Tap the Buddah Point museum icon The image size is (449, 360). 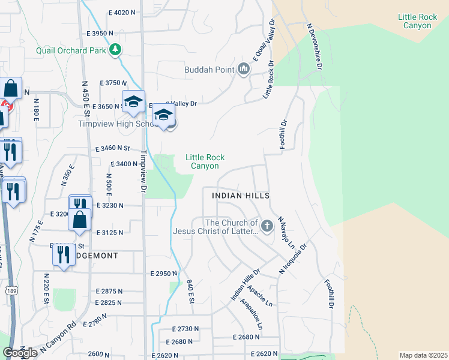(x=243, y=70)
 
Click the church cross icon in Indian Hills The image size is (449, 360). (x=267, y=227)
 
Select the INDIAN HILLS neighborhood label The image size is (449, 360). (x=241, y=196)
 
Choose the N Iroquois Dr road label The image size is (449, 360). (x=293, y=259)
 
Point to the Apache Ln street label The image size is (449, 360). (x=265, y=294)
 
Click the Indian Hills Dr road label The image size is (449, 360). (x=245, y=285)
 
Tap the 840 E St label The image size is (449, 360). (x=190, y=291)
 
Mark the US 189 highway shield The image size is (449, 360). (x=10, y=290)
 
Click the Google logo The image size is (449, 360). (x=19, y=353)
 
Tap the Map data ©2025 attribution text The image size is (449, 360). (x=423, y=355)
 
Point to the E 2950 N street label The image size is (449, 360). (x=163, y=274)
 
